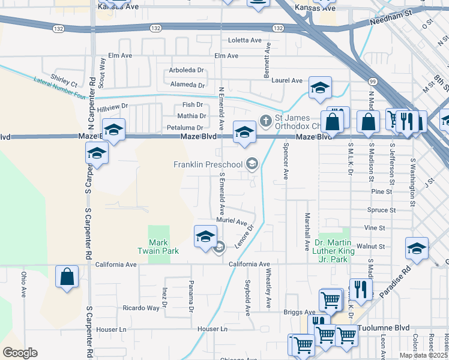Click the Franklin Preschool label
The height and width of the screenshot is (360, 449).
(x=208, y=164)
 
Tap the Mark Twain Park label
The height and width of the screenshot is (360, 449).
(x=158, y=246)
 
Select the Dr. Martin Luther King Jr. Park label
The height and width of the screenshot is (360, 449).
(x=331, y=251)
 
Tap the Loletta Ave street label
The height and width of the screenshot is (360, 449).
(x=245, y=41)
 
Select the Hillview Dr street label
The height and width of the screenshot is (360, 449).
(x=113, y=107)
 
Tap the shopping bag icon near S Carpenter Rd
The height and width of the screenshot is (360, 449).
(x=67, y=277)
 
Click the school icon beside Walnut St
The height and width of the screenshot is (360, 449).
(x=417, y=248)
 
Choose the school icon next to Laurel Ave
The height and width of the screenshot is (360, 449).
(x=320, y=88)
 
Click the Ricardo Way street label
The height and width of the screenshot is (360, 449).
(x=141, y=308)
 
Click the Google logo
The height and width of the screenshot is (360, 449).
(x=20, y=353)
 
